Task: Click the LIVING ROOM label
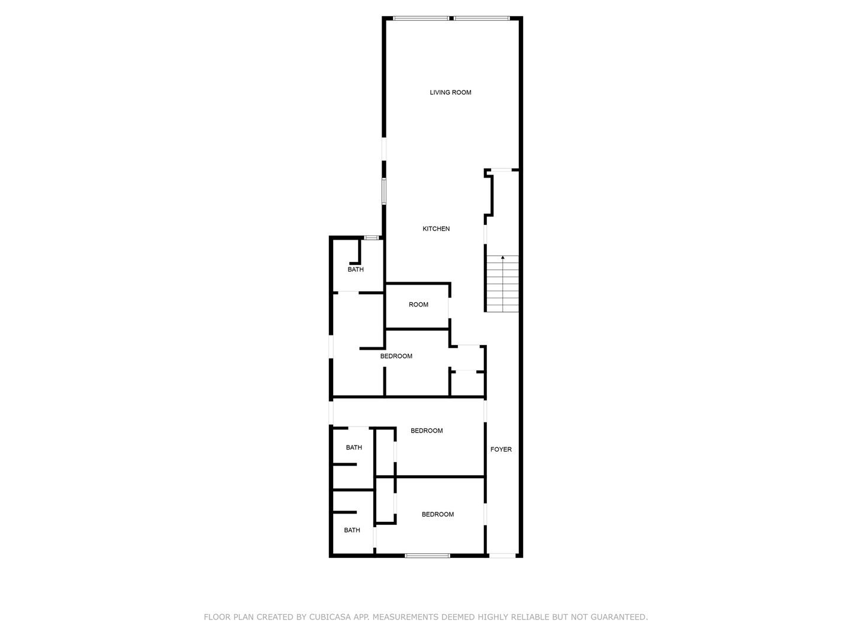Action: coord(450,92)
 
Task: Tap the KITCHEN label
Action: coord(436,228)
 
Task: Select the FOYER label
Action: coord(501,449)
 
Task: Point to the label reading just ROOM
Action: coord(418,305)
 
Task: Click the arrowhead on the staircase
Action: coord(503,257)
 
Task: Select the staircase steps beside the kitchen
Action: coord(503,283)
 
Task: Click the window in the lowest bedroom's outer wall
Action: coord(427,556)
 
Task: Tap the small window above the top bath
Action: coord(371,237)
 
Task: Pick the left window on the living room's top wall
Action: coord(421,18)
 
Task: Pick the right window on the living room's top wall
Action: coord(482,18)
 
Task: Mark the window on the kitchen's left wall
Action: coord(384,191)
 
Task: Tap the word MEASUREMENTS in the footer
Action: coord(404,617)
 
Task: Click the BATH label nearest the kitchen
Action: coord(356,269)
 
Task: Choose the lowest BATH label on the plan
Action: coord(352,530)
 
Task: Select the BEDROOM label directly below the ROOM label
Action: coord(396,356)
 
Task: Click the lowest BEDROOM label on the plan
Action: coord(437,515)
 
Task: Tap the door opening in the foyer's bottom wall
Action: coord(502,556)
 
